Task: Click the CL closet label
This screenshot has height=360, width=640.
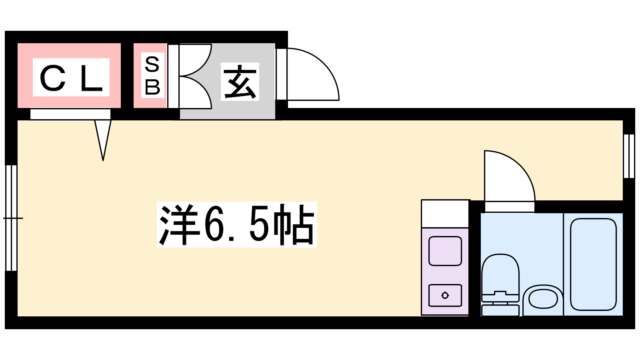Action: click(71, 78)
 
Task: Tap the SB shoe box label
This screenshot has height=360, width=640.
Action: click(152, 76)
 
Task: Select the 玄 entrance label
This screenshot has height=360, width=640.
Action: click(240, 82)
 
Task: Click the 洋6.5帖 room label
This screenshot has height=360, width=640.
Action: click(237, 224)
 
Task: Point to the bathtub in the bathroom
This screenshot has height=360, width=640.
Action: click(593, 264)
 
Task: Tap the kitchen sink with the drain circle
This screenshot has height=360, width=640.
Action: click(445, 296)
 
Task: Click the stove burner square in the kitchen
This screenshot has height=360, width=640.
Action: click(445, 251)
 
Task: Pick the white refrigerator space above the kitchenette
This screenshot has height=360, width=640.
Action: click(445, 214)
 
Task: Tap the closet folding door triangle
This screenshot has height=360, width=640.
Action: click(103, 140)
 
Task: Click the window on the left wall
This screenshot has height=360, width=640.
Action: click(12, 218)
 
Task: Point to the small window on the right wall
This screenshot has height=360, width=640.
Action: click(629, 156)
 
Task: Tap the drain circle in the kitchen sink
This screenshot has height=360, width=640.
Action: click(445, 296)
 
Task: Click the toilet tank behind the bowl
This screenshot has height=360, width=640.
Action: click(500, 310)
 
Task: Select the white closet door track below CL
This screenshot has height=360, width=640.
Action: click(70, 114)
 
